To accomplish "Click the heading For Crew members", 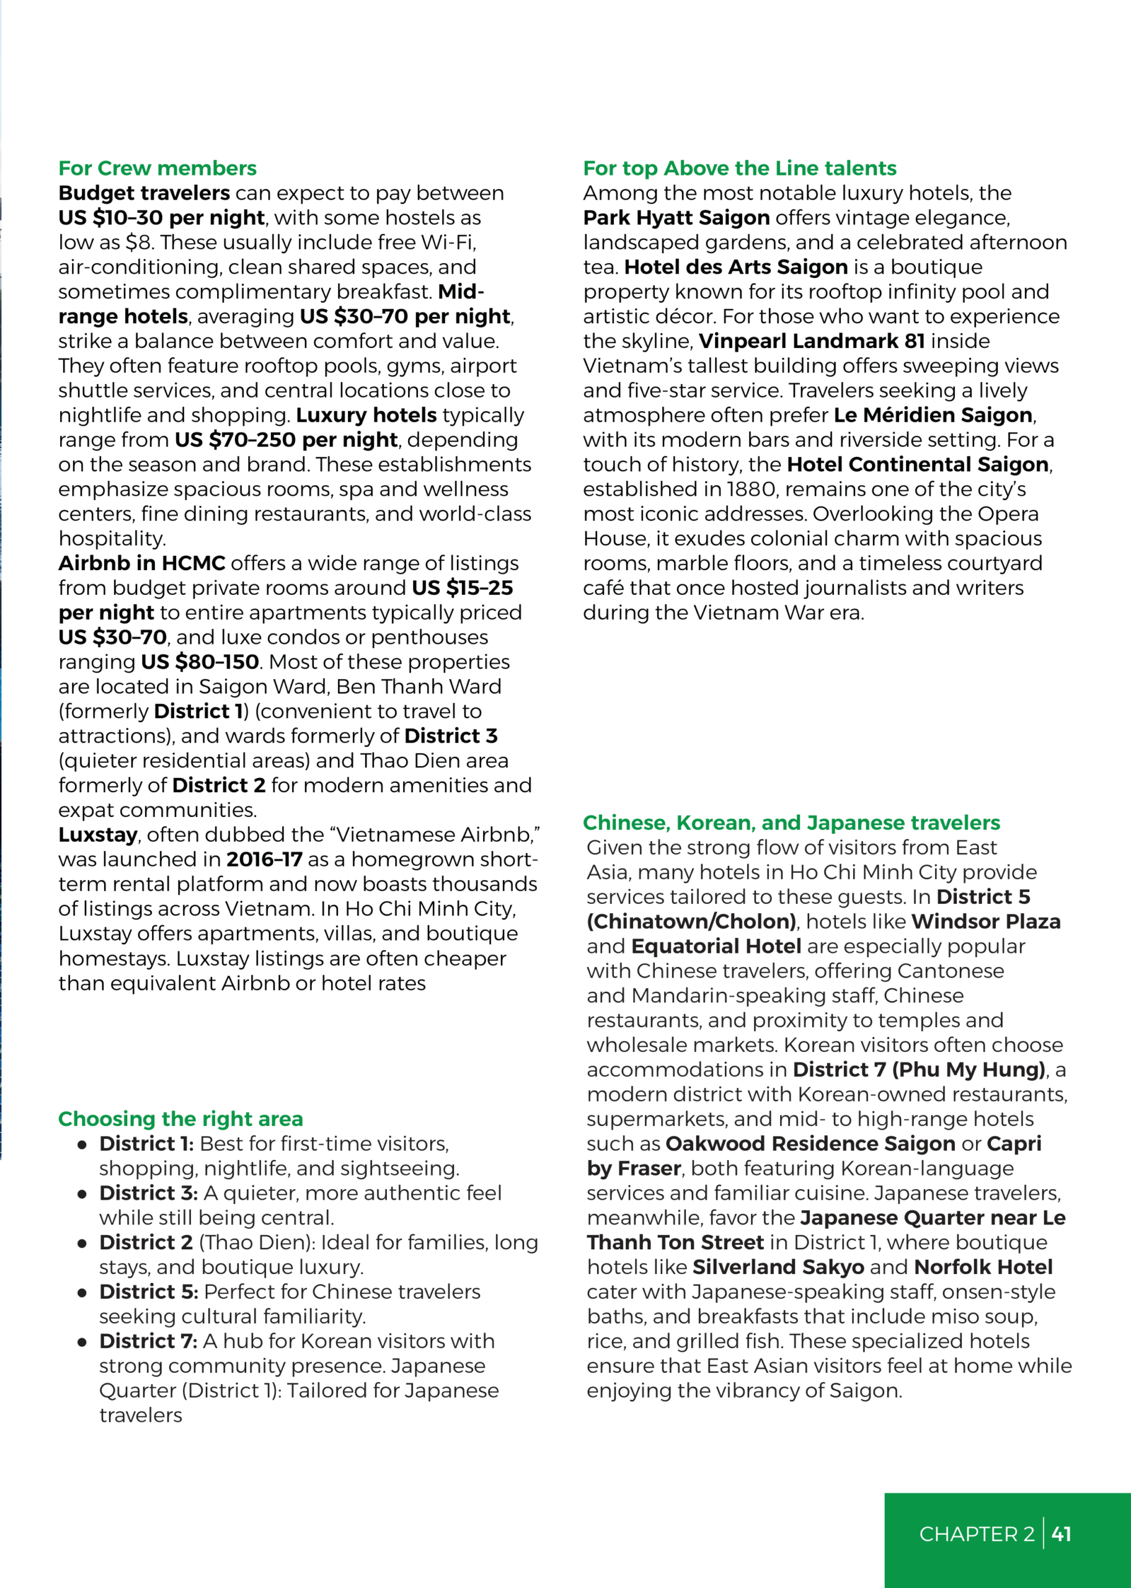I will pos(157,169).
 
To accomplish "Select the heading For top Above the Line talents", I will pos(739,169).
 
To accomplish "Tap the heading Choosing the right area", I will pos(180,1119).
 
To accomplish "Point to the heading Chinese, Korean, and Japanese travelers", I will pos(791,823).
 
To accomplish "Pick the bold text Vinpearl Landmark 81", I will pos(811,341).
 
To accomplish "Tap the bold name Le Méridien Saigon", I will pos(933,416).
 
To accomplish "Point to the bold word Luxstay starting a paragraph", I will pos(97,835).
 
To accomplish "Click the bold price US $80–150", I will pos(200,662).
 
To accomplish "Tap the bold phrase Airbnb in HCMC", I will pos(141,563).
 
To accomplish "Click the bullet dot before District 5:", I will pos(82,1293).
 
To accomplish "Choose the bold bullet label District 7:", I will pos(148,1342).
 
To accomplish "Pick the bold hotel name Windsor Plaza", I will pos(985,922).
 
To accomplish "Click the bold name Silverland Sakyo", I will pos(778,1268).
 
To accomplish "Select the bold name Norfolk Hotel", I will pos(983,1268).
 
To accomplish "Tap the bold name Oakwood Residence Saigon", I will pos(810,1144).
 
